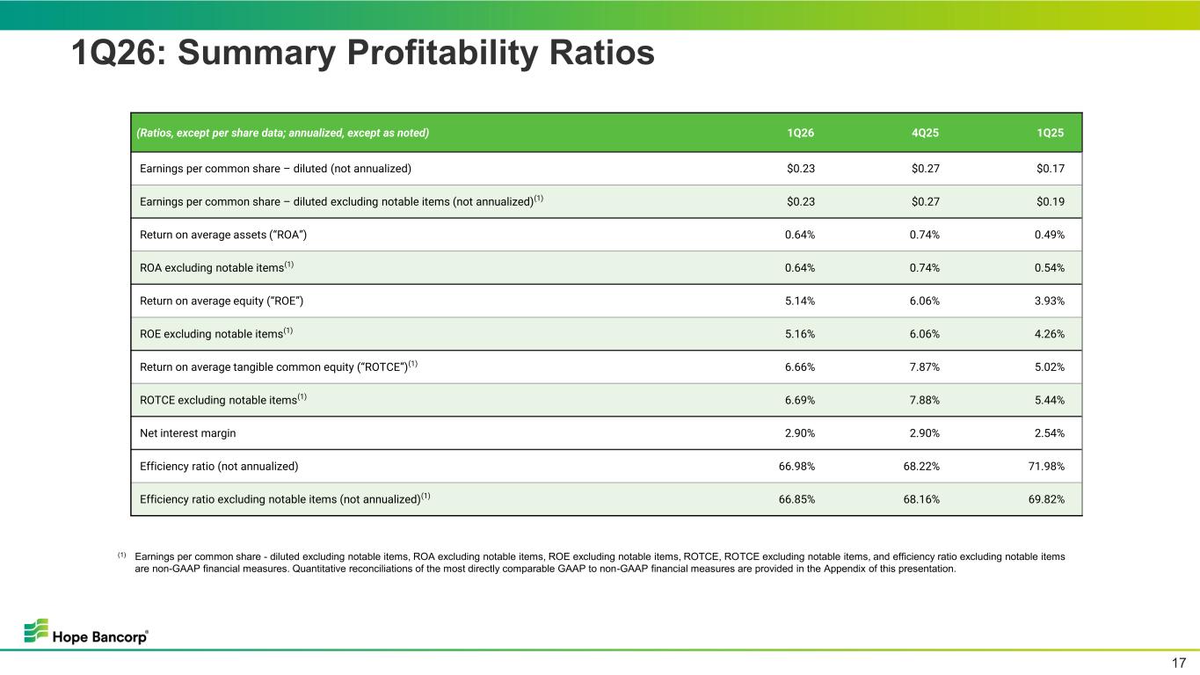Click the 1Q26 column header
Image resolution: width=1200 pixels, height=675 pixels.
click(800, 133)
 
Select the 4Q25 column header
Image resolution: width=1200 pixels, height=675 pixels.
click(925, 133)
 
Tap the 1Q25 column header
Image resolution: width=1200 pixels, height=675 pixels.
click(1050, 133)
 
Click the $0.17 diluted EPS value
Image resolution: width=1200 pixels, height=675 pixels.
click(1051, 169)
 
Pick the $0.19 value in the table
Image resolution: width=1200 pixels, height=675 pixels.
click(1051, 202)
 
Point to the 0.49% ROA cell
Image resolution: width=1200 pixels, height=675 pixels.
click(1050, 235)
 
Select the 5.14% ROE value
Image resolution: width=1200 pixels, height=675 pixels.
click(800, 301)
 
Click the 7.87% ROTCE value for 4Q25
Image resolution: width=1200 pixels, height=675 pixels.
click(925, 367)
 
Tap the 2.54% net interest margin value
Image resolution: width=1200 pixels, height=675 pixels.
click(1050, 432)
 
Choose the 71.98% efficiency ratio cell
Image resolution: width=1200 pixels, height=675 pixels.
click(1046, 466)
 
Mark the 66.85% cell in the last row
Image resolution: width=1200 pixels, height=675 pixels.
click(796, 499)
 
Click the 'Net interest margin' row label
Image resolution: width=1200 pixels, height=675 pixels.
click(187, 432)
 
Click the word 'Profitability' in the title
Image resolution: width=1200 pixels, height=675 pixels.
click(442, 53)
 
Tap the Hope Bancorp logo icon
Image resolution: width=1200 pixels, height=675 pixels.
click(36, 630)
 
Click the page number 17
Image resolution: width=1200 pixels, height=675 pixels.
click(1179, 663)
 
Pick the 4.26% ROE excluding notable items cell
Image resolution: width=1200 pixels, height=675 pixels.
click(1050, 334)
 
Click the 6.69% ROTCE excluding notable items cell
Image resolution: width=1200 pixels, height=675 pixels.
click(800, 400)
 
